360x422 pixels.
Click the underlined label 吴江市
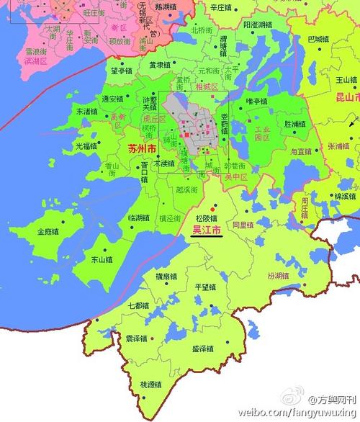[x=207, y=230]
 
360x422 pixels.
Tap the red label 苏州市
[x=141, y=149]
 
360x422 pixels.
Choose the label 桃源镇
[x=152, y=385]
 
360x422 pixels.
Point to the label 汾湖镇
[x=278, y=275]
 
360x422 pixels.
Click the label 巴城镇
[x=318, y=40]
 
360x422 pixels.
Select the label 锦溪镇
[x=345, y=195]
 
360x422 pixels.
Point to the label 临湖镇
[x=140, y=217]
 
